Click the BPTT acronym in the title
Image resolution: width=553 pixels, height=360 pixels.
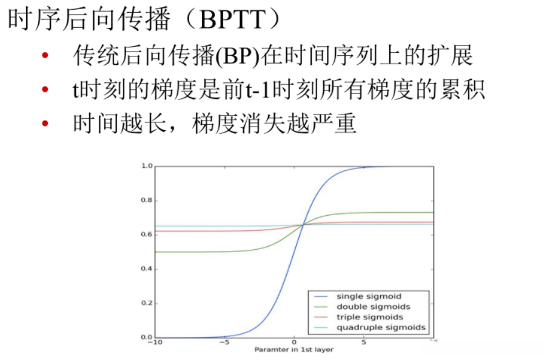coord(233,21)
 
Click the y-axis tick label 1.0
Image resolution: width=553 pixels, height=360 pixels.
coord(147,166)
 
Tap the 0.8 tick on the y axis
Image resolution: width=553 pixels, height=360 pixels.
coord(147,201)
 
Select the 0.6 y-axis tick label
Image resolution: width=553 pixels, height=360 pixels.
coord(147,235)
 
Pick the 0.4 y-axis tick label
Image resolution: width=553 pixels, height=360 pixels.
coord(147,268)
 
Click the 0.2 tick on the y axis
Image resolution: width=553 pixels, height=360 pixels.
coord(147,303)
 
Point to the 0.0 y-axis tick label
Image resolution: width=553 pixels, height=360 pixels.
coord(147,337)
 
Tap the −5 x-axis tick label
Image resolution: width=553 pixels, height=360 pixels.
coord(224,343)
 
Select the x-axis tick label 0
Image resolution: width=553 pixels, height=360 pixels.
coord(294,343)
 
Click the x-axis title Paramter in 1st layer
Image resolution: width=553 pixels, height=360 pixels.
coord(294,350)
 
